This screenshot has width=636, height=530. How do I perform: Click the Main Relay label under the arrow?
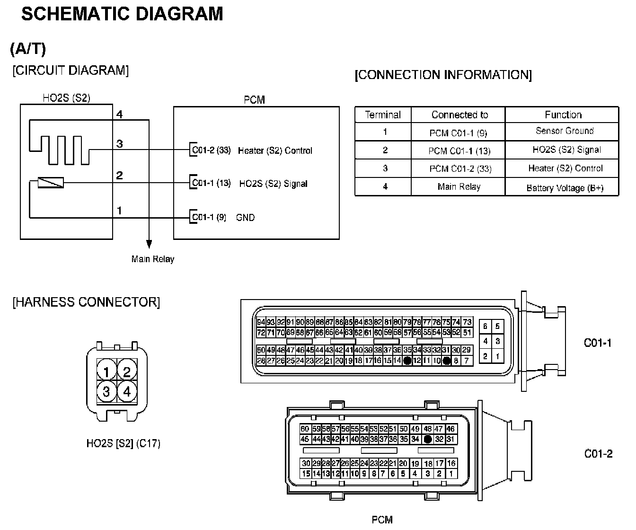point(152,259)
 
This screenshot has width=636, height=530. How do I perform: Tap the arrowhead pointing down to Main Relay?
point(149,244)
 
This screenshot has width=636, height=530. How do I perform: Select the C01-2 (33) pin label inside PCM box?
point(211,150)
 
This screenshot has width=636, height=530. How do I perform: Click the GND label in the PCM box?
point(245,218)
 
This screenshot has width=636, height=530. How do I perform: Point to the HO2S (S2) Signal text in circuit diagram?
point(273,184)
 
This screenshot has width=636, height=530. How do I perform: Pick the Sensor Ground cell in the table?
point(564,131)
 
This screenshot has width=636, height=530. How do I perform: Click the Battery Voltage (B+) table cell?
point(565,188)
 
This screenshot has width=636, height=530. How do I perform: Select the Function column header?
point(563,115)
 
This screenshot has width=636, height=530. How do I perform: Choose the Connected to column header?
point(459,115)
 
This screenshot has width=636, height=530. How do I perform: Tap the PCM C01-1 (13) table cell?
point(459,151)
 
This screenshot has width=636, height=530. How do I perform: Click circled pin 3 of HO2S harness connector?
point(106,391)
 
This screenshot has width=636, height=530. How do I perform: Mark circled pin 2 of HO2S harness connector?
point(126,371)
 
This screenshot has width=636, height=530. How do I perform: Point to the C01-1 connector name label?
point(598,343)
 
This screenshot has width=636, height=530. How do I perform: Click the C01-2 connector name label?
point(598,454)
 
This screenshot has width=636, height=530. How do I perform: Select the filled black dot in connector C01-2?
point(427,439)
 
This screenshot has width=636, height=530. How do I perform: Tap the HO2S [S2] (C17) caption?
point(123,443)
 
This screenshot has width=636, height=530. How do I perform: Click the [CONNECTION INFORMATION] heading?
point(443,75)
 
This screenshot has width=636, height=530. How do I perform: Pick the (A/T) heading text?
point(28,49)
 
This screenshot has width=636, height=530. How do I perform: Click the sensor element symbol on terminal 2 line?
point(51,183)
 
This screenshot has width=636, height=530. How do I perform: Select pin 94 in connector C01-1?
point(261,322)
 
